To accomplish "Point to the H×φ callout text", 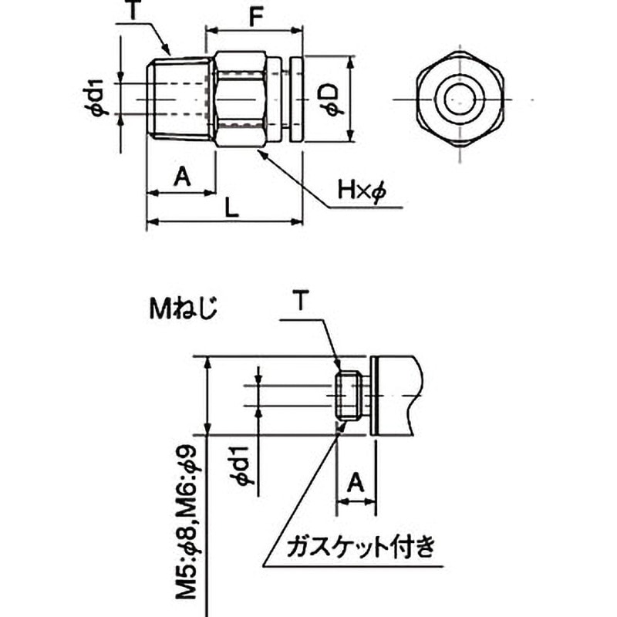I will pyautogui.click(x=361, y=190).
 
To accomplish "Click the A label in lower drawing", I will pyautogui.click(x=355, y=483).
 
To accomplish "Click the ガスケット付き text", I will pyautogui.click(x=361, y=549).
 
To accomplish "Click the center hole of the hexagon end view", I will pyautogui.click(x=460, y=99).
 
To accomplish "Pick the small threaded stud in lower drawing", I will pyautogui.click(x=350, y=395).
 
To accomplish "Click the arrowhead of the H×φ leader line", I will pyautogui.click(x=260, y=152).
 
